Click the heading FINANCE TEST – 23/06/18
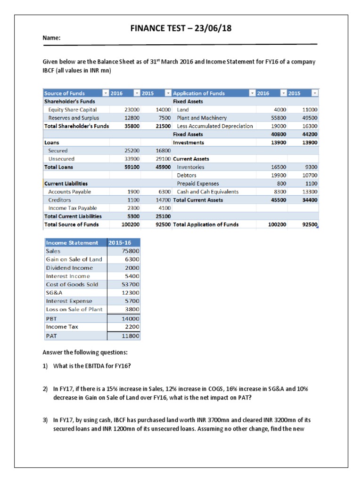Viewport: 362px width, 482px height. [x=181, y=29]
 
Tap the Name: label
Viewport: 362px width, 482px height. [x=52, y=39]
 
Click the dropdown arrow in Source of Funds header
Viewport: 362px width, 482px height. [x=105, y=93]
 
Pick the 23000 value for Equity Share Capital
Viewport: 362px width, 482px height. [x=130, y=110]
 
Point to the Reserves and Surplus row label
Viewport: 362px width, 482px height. [x=72, y=118]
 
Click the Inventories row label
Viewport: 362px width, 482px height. [x=190, y=167]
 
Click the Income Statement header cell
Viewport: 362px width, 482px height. [x=72, y=242]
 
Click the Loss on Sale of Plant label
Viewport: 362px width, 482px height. [x=74, y=309]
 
